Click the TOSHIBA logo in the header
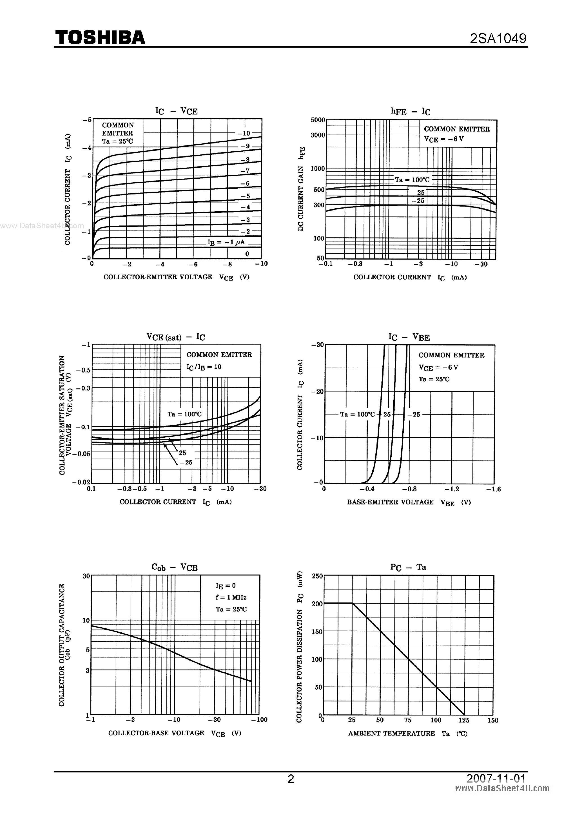click(100, 37)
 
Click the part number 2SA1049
click(498, 38)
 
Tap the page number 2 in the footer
click(291, 778)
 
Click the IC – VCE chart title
click(176, 111)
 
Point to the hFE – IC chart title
click(410, 112)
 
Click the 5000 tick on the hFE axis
click(318, 120)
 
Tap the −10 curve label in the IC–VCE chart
click(244, 133)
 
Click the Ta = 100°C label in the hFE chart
click(412, 180)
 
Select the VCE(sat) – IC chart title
click(176, 337)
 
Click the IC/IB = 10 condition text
click(204, 367)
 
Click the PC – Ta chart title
click(408, 567)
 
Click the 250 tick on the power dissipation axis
click(317, 576)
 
